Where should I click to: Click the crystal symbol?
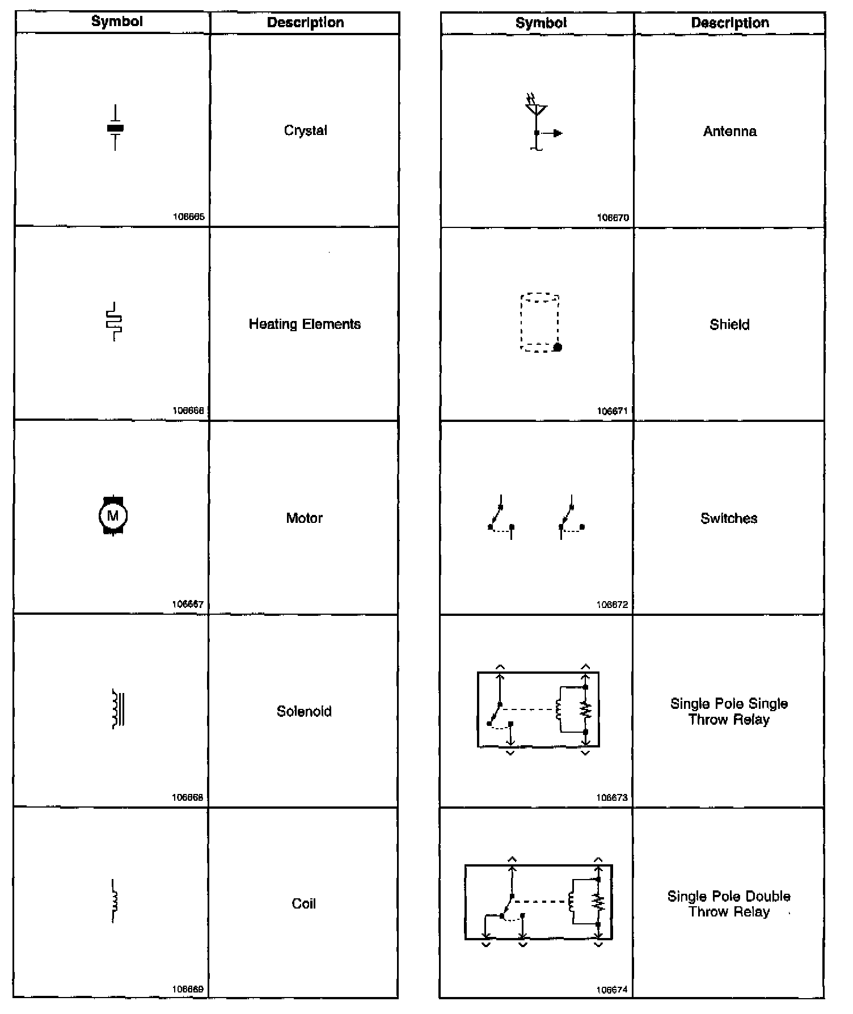click(x=115, y=128)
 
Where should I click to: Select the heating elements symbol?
click(x=114, y=322)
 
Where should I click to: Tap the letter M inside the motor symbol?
click(x=113, y=516)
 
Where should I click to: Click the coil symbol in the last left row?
click(x=115, y=901)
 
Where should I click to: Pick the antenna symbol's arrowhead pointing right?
click(x=558, y=133)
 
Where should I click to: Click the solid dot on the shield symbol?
click(x=558, y=347)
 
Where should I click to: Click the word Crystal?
click(x=305, y=130)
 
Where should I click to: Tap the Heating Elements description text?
click(x=305, y=324)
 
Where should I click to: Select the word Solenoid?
click(x=304, y=711)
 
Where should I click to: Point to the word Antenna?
click(x=729, y=132)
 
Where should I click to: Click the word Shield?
click(x=729, y=325)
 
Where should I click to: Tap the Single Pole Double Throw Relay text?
click(x=729, y=904)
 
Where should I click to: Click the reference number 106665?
click(x=189, y=217)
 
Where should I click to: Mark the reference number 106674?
click(x=612, y=990)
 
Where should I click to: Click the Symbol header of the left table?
click(x=117, y=22)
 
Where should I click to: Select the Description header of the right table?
click(x=730, y=23)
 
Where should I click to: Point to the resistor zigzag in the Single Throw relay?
click(x=586, y=709)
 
